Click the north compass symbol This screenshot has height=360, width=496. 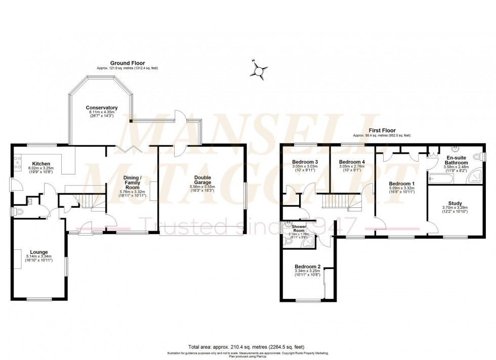click(x=259, y=70)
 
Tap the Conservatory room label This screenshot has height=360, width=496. click(x=102, y=108)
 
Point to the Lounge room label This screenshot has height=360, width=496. click(x=39, y=252)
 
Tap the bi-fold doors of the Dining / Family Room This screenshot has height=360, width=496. click(x=126, y=147)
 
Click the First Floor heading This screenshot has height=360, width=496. click(x=382, y=130)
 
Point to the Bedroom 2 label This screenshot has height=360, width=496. click(x=308, y=266)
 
